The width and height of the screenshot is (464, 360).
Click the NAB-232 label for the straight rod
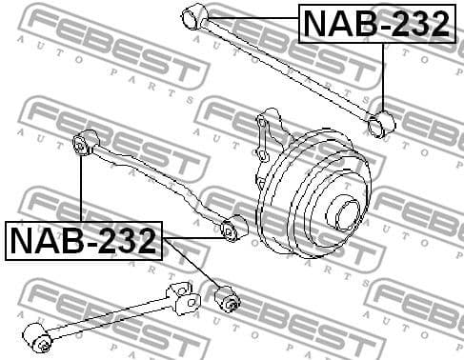[x=376, y=24]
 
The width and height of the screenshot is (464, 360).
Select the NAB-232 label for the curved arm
[x=84, y=241]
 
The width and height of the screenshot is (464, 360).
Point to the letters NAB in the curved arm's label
[x=45, y=241]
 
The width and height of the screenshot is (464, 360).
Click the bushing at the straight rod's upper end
[x=194, y=15]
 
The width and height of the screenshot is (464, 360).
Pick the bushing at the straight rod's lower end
[x=382, y=123]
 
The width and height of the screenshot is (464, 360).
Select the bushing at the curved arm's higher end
[x=84, y=144]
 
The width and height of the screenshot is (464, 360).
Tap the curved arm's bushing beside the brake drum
[x=232, y=229]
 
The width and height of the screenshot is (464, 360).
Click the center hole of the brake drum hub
[x=347, y=211]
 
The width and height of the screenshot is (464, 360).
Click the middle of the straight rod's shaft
[x=286, y=68]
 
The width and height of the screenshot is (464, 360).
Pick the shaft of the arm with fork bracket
[x=105, y=318]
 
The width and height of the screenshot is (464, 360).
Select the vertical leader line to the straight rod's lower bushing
[x=383, y=76]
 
